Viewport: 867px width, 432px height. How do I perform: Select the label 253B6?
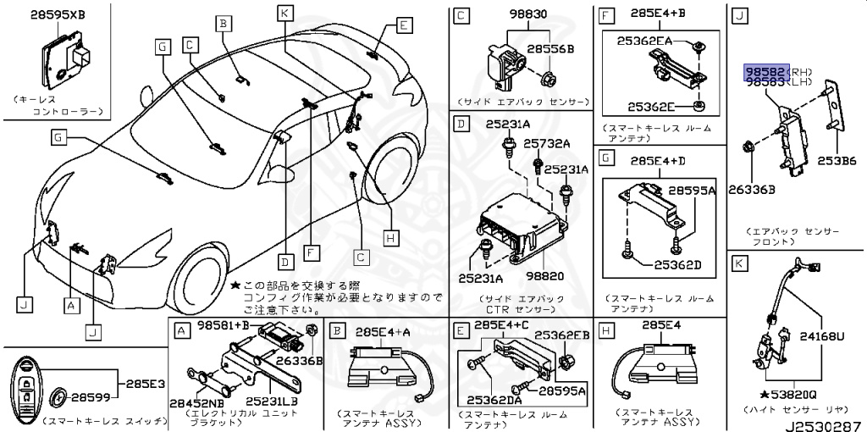point(837,159)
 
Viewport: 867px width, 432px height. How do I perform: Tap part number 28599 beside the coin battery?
point(88,396)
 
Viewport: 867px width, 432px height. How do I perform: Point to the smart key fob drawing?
point(29,390)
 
